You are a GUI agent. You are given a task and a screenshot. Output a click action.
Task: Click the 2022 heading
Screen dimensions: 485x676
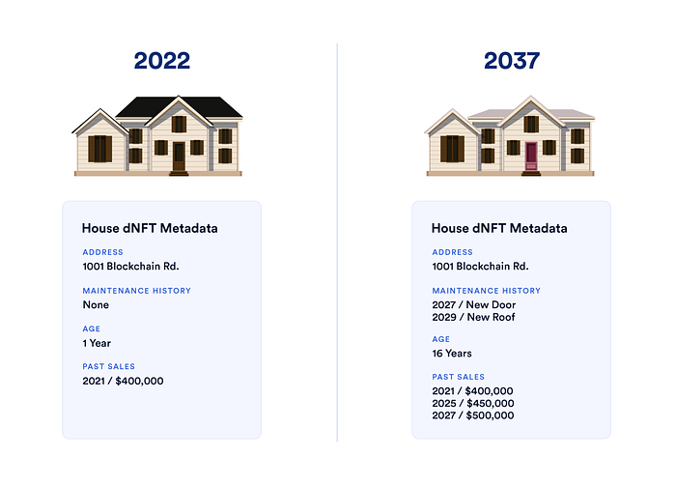[x=162, y=61]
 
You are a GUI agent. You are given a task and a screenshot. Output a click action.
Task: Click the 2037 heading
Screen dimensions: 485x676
[x=512, y=61]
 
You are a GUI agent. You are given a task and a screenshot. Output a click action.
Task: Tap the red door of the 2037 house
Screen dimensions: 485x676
[x=530, y=156]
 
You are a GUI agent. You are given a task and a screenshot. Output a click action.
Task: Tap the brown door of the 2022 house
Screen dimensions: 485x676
[x=179, y=156]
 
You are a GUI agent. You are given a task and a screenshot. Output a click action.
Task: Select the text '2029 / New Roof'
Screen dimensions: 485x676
[x=473, y=317]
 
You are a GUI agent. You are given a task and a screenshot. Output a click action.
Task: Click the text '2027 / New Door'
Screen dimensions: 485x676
[x=474, y=304]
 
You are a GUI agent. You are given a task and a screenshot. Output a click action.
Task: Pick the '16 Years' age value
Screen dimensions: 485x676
[x=452, y=354]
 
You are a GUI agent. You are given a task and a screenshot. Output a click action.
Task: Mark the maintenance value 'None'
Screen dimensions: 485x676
[x=96, y=304]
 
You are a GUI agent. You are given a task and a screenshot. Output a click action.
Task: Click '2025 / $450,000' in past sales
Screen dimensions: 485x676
[x=472, y=403]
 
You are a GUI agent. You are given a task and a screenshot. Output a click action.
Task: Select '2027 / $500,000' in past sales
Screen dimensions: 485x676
[x=472, y=415]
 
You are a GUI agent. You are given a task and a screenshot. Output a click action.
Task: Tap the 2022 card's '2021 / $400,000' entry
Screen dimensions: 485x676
[x=123, y=381]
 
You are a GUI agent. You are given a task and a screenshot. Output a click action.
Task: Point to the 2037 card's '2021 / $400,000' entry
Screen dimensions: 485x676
[x=472, y=390]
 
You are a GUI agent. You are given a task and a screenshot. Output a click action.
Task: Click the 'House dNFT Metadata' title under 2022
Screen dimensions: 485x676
[x=150, y=229]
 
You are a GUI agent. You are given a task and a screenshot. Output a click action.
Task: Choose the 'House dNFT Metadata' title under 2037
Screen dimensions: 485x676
[x=499, y=229]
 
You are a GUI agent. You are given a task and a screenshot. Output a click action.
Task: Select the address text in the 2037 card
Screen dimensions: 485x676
[x=480, y=267]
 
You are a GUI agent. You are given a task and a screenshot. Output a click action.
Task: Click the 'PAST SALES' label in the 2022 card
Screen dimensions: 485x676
[x=108, y=366]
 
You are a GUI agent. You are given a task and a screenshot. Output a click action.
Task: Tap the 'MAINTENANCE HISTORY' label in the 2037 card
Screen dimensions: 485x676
[x=486, y=291]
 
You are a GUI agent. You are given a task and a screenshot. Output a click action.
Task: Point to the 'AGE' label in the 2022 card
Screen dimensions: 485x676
[x=91, y=329]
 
